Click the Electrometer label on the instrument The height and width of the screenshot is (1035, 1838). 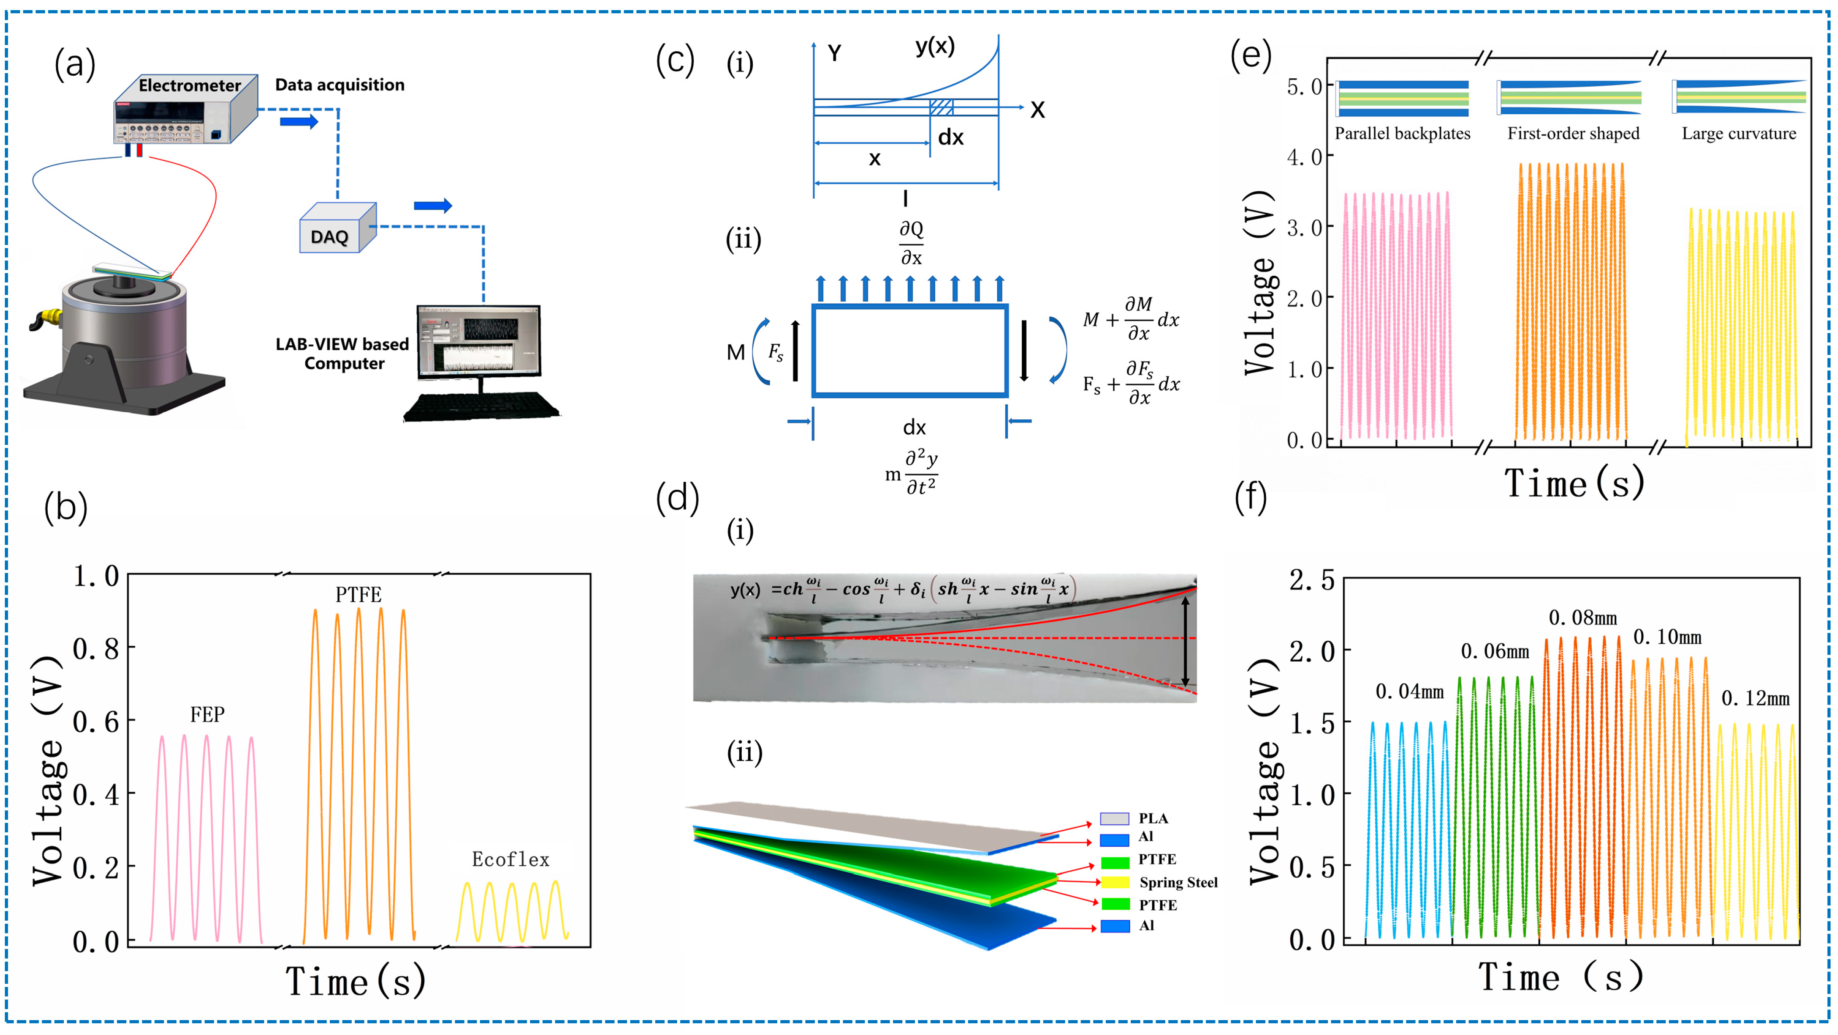click(190, 86)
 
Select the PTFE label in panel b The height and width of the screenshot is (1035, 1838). click(358, 595)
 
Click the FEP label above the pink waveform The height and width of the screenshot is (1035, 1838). click(207, 715)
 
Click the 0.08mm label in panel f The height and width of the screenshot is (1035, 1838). click(1583, 618)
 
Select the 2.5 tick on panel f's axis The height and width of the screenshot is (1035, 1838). click(1311, 580)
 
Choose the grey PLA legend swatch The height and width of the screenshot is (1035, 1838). click(1114, 819)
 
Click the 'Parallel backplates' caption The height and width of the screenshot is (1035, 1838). click(1402, 133)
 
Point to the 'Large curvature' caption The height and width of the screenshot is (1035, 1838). click(1739, 133)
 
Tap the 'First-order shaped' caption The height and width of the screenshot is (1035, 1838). click(1573, 133)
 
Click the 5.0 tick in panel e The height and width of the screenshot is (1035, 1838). click(1305, 87)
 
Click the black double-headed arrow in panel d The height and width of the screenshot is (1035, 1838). click(1185, 641)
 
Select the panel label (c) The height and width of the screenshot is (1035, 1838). click(674, 61)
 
